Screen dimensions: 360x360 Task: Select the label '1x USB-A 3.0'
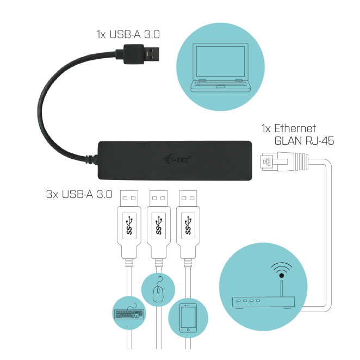pyautogui.click(x=128, y=35)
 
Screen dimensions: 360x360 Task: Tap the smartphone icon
pyautogui.click(x=187, y=319)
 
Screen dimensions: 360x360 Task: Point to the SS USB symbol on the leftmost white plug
pyautogui.click(x=129, y=225)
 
